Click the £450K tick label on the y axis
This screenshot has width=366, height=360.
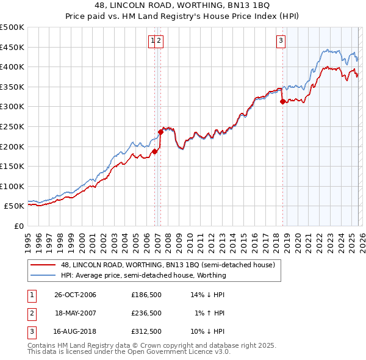tap(12, 47)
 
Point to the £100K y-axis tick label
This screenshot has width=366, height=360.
tap(12, 186)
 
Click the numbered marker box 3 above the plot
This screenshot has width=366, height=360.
tap(281, 41)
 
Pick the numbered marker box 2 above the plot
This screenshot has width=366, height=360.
tap(159, 41)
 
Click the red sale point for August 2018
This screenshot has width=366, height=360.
tap(282, 102)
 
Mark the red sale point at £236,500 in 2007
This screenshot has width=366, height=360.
tap(160, 131)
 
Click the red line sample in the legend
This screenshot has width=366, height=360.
tap(43, 265)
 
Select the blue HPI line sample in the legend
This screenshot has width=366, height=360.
tap(43, 275)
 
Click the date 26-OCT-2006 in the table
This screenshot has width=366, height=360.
tap(76, 295)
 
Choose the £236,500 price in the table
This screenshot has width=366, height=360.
tap(146, 313)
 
